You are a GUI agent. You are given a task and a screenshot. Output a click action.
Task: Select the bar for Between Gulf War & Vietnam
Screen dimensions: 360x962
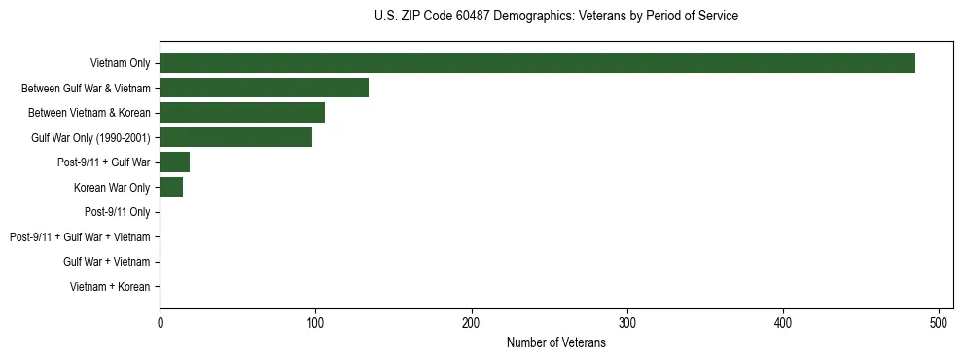(264, 88)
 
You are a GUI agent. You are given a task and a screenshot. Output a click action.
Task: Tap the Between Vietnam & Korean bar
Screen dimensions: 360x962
(242, 113)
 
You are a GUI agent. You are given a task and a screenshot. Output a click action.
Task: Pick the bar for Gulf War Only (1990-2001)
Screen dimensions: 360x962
(235, 137)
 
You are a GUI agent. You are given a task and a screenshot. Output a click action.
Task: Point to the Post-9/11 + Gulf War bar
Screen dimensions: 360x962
(174, 162)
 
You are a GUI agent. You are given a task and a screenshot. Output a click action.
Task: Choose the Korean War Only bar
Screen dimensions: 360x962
(171, 187)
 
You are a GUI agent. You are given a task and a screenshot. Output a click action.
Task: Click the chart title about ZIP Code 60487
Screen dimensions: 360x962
(555, 17)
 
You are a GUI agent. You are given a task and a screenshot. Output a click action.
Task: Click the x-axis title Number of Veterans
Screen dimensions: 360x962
(555, 342)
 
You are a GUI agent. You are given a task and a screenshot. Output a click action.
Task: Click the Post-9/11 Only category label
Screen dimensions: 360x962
(117, 212)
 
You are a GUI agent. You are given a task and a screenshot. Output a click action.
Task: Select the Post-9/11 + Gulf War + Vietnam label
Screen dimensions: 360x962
(80, 236)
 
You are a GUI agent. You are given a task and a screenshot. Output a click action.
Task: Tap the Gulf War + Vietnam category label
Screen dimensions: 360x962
(106, 262)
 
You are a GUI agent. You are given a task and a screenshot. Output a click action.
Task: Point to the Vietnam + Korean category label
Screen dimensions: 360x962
(110, 287)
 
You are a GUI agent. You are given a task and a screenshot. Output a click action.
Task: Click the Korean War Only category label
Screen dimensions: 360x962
(112, 187)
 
